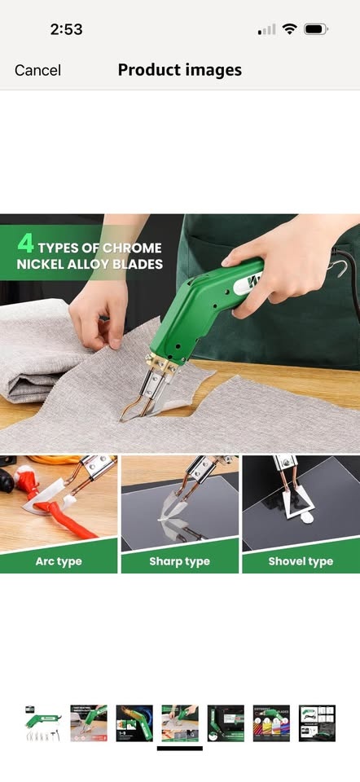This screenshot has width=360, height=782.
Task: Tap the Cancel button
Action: (x=38, y=70)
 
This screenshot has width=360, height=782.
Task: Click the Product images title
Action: (x=179, y=70)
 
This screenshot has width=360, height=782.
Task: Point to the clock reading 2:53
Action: (x=66, y=29)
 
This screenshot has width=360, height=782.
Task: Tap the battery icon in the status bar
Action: (x=316, y=29)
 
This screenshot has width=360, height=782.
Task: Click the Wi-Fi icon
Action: (x=289, y=29)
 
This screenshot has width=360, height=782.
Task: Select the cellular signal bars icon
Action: (x=267, y=30)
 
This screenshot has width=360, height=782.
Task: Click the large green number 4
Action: (x=25, y=243)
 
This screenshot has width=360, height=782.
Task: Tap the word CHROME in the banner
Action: (x=132, y=248)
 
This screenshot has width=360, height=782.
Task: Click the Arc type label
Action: (x=59, y=561)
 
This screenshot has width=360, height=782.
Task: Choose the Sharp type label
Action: (x=179, y=561)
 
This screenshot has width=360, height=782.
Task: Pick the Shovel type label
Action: (x=301, y=561)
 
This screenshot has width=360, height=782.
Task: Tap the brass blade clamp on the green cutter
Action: (x=163, y=362)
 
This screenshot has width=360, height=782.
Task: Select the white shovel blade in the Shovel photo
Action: (x=296, y=503)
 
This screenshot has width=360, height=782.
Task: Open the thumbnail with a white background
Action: (x=43, y=723)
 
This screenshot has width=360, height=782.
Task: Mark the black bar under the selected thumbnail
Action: (x=179, y=748)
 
